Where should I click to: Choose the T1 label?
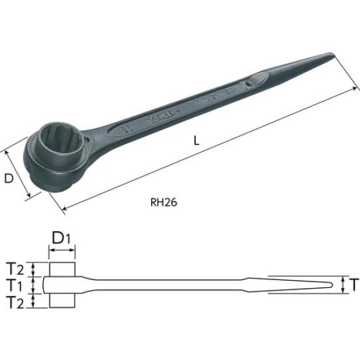[x=17, y=285]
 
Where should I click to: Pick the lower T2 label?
[x=17, y=302]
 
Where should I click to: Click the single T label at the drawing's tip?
[x=353, y=285]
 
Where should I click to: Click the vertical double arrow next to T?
[x=342, y=285]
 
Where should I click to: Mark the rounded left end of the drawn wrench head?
[x=46, y=285]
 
